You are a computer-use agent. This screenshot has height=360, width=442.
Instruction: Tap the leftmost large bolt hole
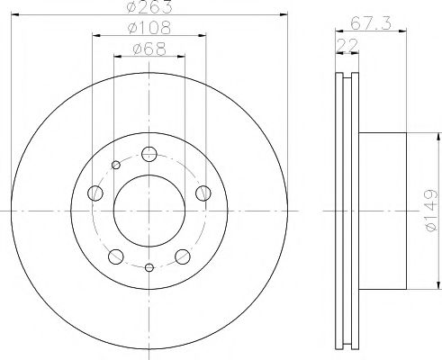click(x=95, y=192)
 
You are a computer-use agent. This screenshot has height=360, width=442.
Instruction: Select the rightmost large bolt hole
click(x=203, y=192)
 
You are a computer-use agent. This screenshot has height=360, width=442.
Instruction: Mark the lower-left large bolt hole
click(x=116, y=255)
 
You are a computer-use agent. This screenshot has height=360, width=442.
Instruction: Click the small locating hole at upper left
click(x=116, y=164)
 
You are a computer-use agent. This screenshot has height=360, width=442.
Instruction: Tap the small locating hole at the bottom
click(x=149, y=267)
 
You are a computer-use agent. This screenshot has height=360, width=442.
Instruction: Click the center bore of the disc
click(x=149, y=211)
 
